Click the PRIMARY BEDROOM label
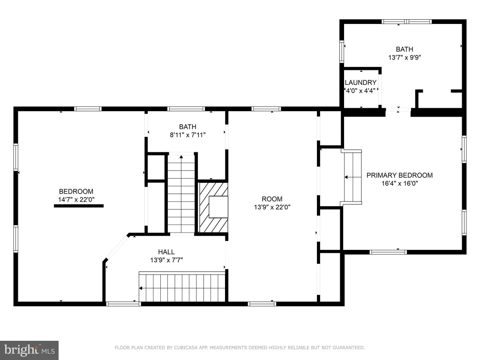pyautogui.click(x=399, y=175)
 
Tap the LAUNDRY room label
pyautogui.click(x=360, y=82)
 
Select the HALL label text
pyautogui.click(x=166, y=252)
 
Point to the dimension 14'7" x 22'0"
pyautogui.click(x=76, y=200)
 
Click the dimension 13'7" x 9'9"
pyautogui.click(x=405, y=57)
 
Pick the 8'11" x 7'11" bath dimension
pyautogui.click(x=187, y=135)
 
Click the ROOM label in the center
pyautogui.click(x=272, y=199)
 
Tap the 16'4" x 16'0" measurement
pyautogui.click(x=399, y=183)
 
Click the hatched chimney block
pyautogui.click(x=213, y=207)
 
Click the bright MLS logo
pyautogui.click(x=29, y=350)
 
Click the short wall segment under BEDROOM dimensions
pyautogui.click(x=79, y=206)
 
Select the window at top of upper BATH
pyautogui.click(x=406, y=22)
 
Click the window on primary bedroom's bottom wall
pyautogui.click(x=388, y=252)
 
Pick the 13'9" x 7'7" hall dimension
pyautogui.click(x=166, y=260)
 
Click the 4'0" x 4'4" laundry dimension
pyautogui.click(x=360, y=90)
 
